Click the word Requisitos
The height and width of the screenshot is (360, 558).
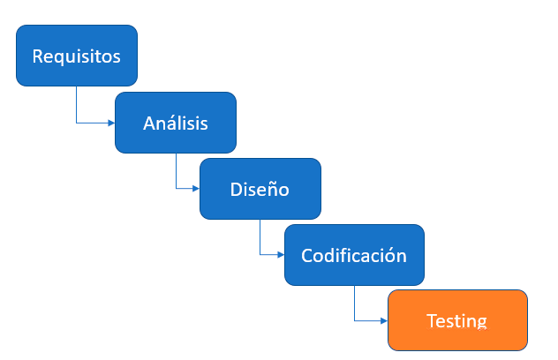tap(77, 56)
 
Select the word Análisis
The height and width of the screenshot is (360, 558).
tap(176, 123)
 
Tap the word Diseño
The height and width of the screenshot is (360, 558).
tap(260, 189)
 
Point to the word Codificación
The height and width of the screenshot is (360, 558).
tap(354, 255)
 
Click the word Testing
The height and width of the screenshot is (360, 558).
tap(456, 321)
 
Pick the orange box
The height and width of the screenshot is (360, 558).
tap(457, 320)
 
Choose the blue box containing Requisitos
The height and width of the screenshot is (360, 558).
tap(77, 56)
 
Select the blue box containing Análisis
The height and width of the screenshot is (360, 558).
tap(176, 123)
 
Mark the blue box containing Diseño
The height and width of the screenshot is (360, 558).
tap(260, 189)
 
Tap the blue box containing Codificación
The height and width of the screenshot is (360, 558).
tap(354, 255)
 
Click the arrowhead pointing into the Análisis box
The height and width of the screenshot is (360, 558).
tap(111, 123)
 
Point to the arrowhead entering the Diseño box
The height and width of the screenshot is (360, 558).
tap(196, 189)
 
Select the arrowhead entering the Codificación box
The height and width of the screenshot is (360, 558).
tap(281, 255)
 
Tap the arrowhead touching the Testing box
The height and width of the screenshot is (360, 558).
tap(384, 321)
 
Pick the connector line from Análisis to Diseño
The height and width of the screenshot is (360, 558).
tap(177, 177)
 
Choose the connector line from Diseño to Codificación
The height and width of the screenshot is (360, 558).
tap(260, 243)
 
